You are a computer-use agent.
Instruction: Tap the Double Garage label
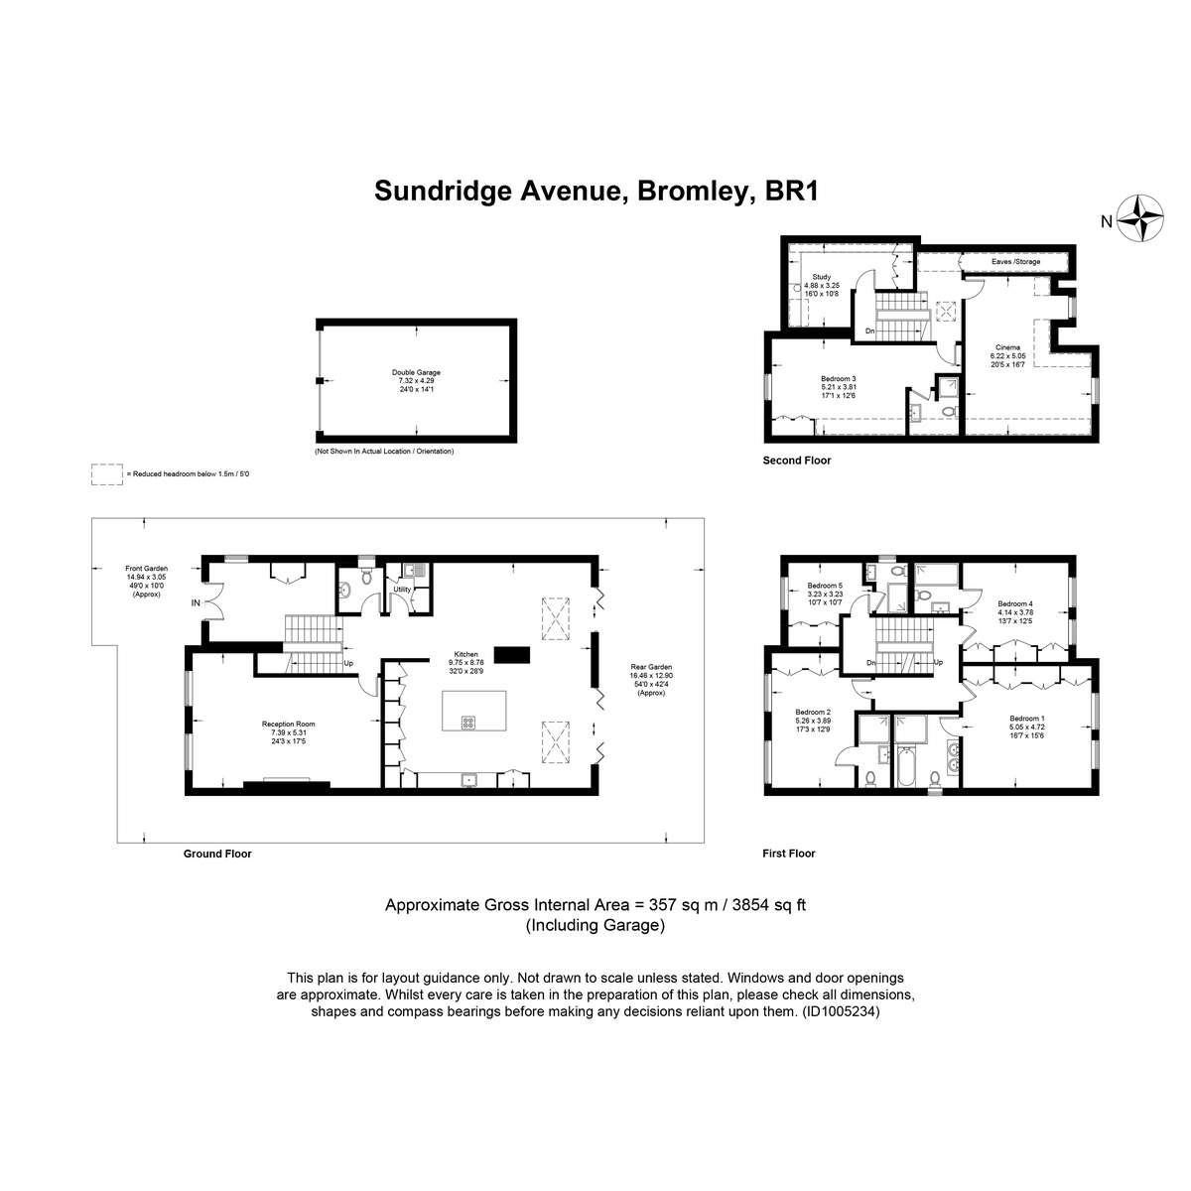416,373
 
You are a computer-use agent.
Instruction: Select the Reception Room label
289,724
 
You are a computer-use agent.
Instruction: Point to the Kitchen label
466,654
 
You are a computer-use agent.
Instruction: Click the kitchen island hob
467,722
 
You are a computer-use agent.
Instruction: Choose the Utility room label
402,590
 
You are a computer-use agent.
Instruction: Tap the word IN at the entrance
196,602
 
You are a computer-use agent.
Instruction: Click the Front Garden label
146,569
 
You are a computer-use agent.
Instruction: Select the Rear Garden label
652,667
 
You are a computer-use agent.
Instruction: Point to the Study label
821,277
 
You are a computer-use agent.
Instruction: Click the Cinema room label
1007,347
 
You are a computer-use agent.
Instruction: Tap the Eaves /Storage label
1016,262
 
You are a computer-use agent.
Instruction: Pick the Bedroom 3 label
839,378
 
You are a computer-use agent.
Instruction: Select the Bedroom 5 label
825,586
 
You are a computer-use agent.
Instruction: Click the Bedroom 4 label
1015,603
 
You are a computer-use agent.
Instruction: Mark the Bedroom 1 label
1027,719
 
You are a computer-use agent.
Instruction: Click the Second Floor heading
796,461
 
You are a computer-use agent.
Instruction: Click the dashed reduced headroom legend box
106,474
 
